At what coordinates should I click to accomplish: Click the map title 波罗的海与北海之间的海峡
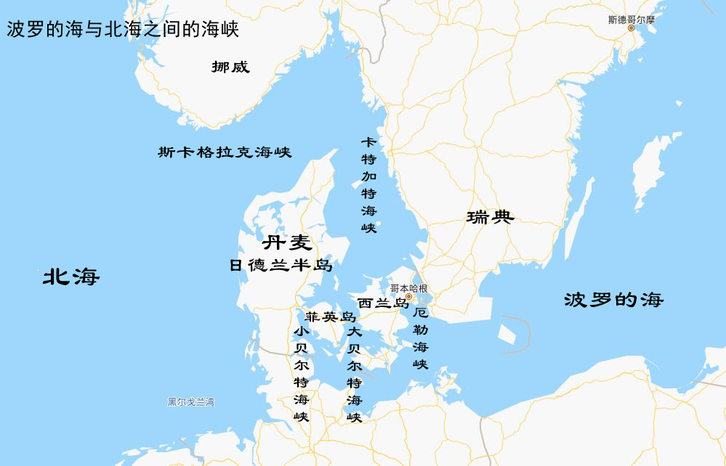tap(123, 29)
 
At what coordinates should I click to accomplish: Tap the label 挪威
tap(230, 68)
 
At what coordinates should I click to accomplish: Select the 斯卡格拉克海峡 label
tap(225, 152)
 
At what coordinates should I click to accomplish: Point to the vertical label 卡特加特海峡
tap(369, 184)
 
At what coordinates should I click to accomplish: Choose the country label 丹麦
tap(286, 242)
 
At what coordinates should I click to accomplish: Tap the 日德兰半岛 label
tap(281, 266)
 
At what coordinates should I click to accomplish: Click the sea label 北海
tap(70, 276)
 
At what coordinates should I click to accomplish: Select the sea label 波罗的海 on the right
tap(614, 299)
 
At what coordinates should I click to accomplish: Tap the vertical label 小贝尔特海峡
tap(301, 374)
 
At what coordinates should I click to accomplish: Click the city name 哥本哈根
tap(408, 287)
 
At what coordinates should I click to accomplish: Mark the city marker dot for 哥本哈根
tap(409, 297)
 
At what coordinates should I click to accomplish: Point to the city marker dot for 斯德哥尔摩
tap(631, 28)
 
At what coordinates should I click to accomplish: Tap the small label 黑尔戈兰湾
tap(190, 401)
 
